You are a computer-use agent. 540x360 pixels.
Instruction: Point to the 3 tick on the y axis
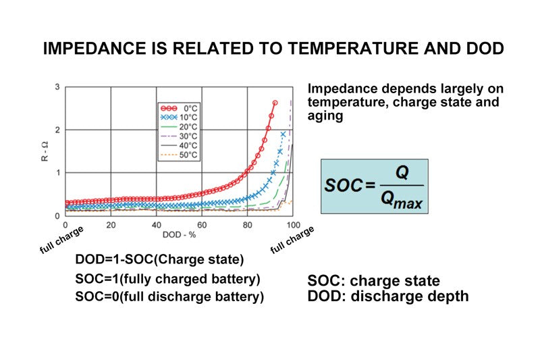pyautogui.click(x=57, y=87)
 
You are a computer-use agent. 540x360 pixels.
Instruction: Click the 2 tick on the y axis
pyautogui.click(x=57, y=130)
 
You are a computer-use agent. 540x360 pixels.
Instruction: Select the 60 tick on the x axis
pyautogui.click(x=201, y=225)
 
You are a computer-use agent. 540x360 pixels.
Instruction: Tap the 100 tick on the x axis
pyautogui.click(x=292, y=225)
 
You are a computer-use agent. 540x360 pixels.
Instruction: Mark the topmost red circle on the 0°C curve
pyautogui.click(x=275, y=103)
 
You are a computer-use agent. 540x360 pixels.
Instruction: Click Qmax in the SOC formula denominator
pyautogui.click(x=402, y=199)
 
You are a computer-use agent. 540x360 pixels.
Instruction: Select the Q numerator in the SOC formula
pyautogui.click(x=402, y=173)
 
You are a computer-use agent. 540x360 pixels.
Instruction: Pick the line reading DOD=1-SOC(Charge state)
pyautogui.click(x=159, y=260)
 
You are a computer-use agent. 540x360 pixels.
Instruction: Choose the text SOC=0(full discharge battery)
pyautogui.click(x=169, y=297)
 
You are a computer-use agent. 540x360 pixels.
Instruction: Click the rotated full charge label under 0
pyautogui.click(x=61, y=239)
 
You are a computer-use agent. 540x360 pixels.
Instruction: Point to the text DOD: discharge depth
pyautogui.click(x=387, y=296)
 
